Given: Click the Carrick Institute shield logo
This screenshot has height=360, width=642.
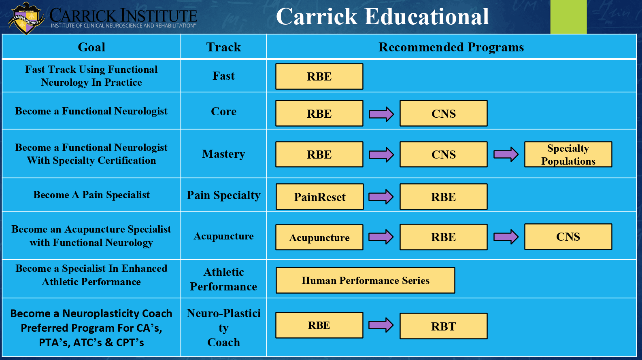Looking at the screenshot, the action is point(26,18).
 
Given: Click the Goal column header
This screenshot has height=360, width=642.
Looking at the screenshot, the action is point(91,47).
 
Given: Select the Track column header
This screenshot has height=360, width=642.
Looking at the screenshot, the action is point(223,47).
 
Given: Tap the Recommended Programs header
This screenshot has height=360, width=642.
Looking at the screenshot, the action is point(451,47).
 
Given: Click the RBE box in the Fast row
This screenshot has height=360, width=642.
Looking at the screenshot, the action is point(319,76).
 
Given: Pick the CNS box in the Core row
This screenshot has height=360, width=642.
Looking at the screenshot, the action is point(444,113).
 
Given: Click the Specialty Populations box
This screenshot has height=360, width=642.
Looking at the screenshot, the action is point(568,155).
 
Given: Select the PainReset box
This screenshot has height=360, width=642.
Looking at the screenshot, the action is point(319,197).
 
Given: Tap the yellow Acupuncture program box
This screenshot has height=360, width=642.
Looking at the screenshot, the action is point(319,237).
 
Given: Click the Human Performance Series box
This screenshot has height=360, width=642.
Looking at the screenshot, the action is point(366,280).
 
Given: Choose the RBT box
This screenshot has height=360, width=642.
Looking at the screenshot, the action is point(444,326).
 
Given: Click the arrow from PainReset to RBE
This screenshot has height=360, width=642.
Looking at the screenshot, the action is point(381,197).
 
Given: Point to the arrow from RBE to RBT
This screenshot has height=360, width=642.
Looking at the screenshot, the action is point(381,325).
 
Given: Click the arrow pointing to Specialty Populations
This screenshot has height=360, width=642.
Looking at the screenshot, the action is point(506,155).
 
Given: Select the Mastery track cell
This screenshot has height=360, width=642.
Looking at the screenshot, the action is point(223,154).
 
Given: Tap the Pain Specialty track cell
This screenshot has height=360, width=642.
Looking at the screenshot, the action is point(223,195).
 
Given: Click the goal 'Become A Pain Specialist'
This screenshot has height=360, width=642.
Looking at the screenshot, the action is point(91,195).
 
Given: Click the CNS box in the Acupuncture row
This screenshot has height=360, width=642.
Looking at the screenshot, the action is point(568,237).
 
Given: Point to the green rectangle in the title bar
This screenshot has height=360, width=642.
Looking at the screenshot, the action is point(568,17).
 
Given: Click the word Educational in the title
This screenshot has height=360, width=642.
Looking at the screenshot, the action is point(427,17).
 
